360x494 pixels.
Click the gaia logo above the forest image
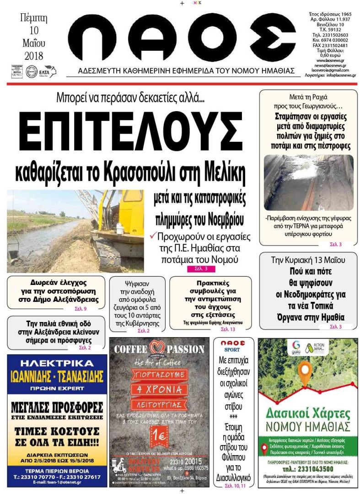coord(296,347)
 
